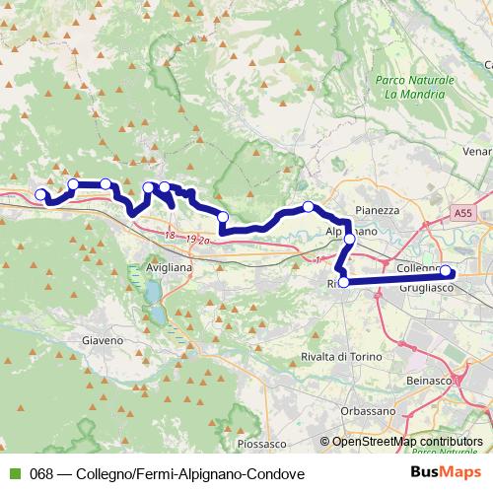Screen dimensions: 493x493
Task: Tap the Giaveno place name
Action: (x=101, y=340)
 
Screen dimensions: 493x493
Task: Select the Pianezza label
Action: (x=378, y=210)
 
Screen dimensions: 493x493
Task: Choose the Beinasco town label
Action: (x=428, y=380)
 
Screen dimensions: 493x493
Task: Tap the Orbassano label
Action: (x=368, y=410)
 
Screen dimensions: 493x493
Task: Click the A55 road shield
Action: (x=463, y=212)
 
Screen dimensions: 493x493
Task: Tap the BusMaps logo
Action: (x=446, y=473)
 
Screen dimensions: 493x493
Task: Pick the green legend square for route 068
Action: (x=14, y=473)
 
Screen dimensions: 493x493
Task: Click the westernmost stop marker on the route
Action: (x=41, y=195)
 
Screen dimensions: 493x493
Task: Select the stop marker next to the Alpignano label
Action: (x=349, y=239)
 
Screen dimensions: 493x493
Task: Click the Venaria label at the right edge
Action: (x=477, y=152)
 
